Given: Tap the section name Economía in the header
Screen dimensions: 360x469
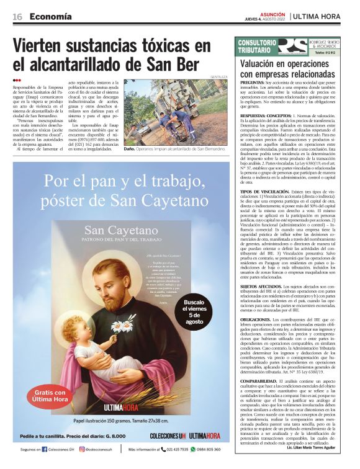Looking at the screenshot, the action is point(50,16).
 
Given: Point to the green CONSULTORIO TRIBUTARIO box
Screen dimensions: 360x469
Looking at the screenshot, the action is point(256,46).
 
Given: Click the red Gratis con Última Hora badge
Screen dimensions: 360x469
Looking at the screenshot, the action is point(50,395).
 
